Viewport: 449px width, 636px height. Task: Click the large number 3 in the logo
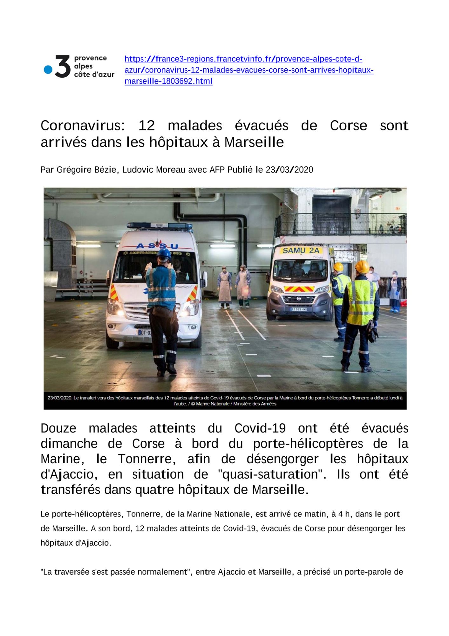tap(62, 66)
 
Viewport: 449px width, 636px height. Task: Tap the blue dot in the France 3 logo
tap(48, 70)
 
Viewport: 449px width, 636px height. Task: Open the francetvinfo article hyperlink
tap(243, 70)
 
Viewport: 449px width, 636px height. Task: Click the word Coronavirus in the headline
tap(81, 126)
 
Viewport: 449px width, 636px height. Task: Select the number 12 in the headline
tap(146, 126)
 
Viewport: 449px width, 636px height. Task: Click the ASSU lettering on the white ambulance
tap(157, 246)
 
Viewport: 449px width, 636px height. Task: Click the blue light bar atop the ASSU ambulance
tap(160, 225)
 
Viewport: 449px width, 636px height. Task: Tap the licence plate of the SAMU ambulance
tap(299, 309)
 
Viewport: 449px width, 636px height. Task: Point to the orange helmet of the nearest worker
tap(362, 266)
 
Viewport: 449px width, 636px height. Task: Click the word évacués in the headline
tap(261, 126)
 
